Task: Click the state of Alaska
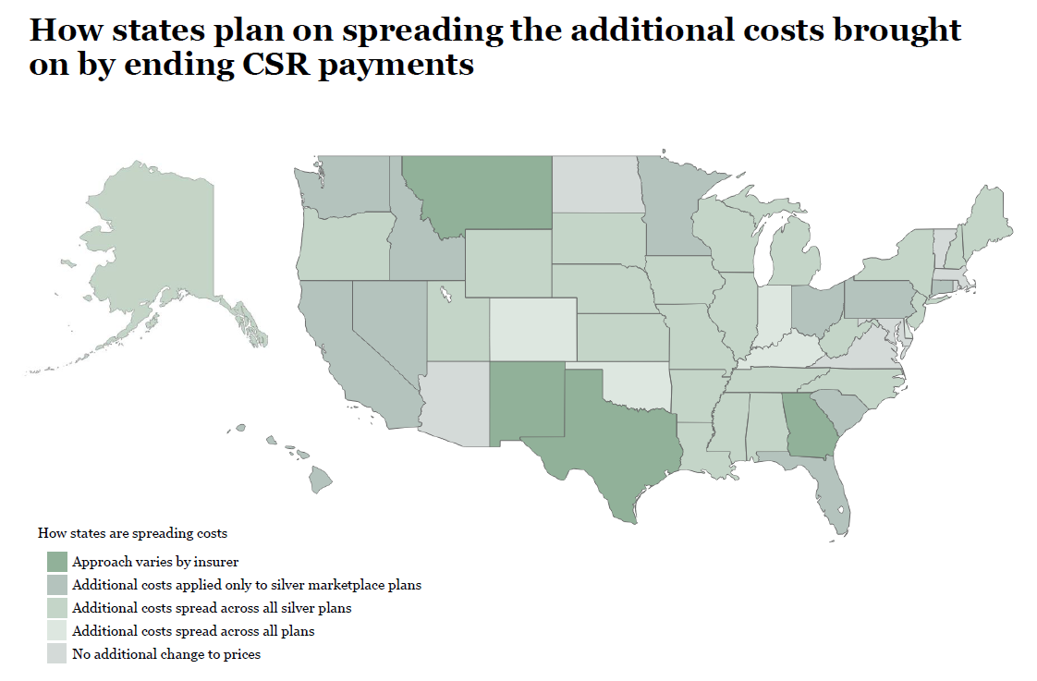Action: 157,249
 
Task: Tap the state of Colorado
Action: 532,328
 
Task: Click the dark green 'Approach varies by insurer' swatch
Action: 57,562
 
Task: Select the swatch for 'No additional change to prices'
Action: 57,654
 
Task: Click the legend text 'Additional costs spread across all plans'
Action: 193,631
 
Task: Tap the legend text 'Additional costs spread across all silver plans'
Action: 212,608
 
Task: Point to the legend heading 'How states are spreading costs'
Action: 132,533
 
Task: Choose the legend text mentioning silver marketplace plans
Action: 247,585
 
